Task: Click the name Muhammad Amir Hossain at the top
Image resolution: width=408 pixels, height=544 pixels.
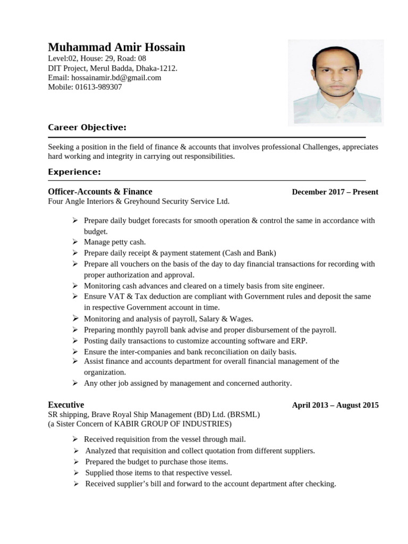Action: pyautogui.click(x=116, y=47)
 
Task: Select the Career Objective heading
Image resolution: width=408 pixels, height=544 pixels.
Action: pyautogui.click(x=87, y=127)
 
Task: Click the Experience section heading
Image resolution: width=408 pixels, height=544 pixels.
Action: pyautogui.click(x=74, y=172)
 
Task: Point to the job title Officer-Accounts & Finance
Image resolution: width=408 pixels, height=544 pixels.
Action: pyautogui.click(x=100, y=192)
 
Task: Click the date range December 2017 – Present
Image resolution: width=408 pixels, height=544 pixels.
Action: pyautogui.click(x=335, y=192)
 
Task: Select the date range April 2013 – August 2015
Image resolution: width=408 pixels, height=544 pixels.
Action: pyautogui.click(x=335, y=405)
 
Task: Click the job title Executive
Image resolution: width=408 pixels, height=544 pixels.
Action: pyautogui.click(x=66, y=405)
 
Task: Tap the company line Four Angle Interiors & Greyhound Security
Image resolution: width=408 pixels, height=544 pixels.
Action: pyautogui.click(x=139, y=201)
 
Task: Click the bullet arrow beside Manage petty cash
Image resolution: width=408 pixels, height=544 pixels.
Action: pyautogui.click(x=75, y=242)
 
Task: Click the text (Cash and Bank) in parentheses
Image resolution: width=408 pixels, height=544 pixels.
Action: pyautogui.click(x=249, y=253)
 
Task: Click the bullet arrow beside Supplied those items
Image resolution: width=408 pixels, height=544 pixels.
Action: pyautogui.click(x=76, y=472)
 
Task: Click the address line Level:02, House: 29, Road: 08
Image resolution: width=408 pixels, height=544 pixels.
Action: pyautogui.click(x=97, y=58)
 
